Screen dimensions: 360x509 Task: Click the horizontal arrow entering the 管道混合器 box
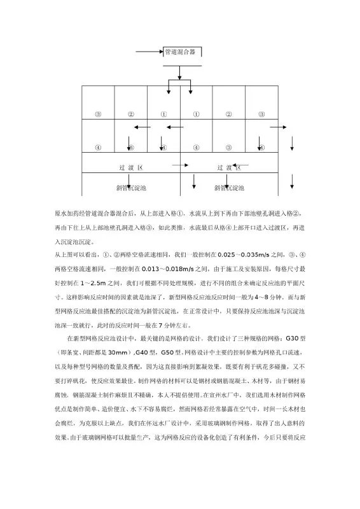[x=149, y=50]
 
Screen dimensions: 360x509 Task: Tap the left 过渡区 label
[x=131, y=168]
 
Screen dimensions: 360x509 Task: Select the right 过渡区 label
[x=228, y=168]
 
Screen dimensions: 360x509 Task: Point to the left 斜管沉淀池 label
[x=131, y=188]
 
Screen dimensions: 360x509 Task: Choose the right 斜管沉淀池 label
[x=228, y=188]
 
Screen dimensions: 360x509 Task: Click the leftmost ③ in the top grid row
[x=98, y=115]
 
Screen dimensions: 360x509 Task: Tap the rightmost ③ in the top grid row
[x=261, y=115]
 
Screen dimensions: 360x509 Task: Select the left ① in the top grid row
[x=163, y=115]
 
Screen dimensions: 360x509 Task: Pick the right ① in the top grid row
[x=196, y=115]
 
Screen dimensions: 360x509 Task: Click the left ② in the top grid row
[x=130, y=115]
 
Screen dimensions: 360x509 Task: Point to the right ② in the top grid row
[x=228, y=115]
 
